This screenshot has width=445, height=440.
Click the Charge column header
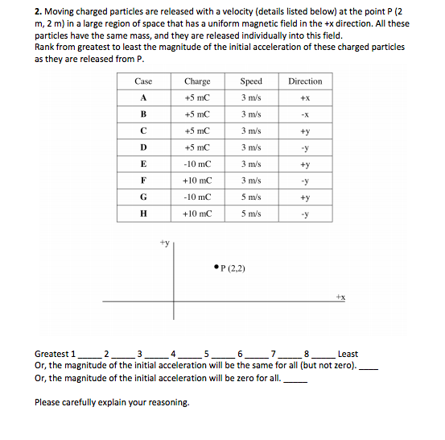pyautogui.click(x=197, y=81)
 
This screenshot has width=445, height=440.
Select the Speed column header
pyautogui.click(x=251, y=81)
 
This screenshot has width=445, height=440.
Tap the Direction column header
pyautogui.click(x=305, y=81)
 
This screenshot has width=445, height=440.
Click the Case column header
pyautogui.click(x=143, y=81)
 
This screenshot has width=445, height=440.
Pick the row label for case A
pyautogui.click(x=143, y=98)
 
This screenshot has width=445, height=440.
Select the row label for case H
pyautogui.click(x=143, y=214)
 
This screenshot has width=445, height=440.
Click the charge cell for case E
pyautogui.click(x=197, y=164)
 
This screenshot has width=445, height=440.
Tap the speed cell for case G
pyautogui.click(x=251, y=197)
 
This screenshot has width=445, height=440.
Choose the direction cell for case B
pyautogui.click(x=305, y=114)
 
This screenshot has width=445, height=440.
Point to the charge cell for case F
pyautogui.click(x=197, y=181)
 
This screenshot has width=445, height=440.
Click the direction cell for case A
pyautogui.click(x=305, y=98)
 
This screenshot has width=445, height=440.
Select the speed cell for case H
pyautogui.click(x=251, y=214)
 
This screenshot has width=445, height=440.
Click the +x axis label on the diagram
pyautogui.click(x=341, y=297)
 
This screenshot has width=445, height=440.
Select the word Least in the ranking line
pyautogui.click(x=348, y=354)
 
